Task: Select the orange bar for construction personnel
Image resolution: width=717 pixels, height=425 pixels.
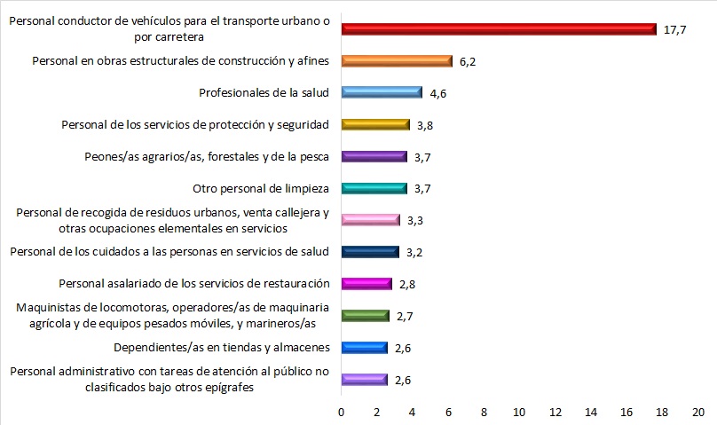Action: point(396,61)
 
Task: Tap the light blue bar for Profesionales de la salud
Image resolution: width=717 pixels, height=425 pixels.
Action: point(382,93)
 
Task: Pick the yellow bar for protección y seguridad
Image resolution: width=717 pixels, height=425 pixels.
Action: point(374,125)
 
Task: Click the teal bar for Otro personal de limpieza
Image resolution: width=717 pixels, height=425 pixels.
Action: point(374,188)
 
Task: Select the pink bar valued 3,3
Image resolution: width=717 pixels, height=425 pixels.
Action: point(370,220)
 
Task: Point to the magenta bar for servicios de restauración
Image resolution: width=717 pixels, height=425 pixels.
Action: point(366,284)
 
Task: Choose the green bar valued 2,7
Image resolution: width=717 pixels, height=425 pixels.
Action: point(365,316)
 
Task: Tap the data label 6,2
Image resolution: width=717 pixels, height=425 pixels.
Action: point(469,61)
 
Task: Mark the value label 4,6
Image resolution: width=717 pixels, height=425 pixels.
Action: point(439,93)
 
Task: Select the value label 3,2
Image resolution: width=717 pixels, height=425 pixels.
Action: point(414,252)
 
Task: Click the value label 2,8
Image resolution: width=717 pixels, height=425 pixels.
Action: point(407,284)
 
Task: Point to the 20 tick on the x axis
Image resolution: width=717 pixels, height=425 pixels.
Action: point(697,412)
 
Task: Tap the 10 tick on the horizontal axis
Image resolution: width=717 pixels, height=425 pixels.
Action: point(519,412)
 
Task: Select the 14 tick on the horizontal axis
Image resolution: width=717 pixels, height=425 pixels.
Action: point(591,412)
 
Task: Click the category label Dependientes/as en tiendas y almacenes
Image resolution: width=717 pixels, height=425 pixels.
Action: point(223,347)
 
